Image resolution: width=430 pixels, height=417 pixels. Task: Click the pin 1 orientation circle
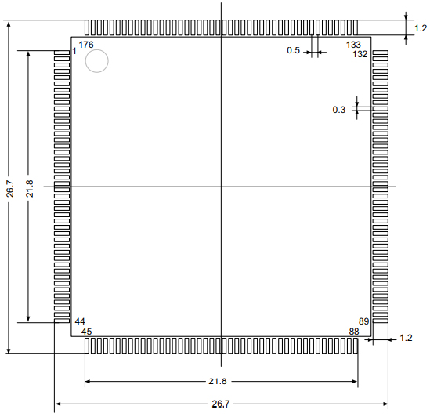click(97, 49)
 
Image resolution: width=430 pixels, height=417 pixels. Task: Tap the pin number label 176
click(86, 45)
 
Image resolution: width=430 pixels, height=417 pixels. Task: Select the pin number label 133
click(353, 45)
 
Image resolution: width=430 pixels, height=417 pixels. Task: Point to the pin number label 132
click(360, 54)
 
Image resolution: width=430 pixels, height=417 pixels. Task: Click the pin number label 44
click(80, 321)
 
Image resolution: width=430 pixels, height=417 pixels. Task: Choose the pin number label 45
click(86, 332)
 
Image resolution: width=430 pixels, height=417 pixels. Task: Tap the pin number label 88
click(354, 332)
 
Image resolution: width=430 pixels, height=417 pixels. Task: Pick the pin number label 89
click(364, 321)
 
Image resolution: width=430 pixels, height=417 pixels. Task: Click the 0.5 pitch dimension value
click(294, 50)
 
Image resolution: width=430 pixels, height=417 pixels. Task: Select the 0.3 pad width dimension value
click(339, 110)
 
